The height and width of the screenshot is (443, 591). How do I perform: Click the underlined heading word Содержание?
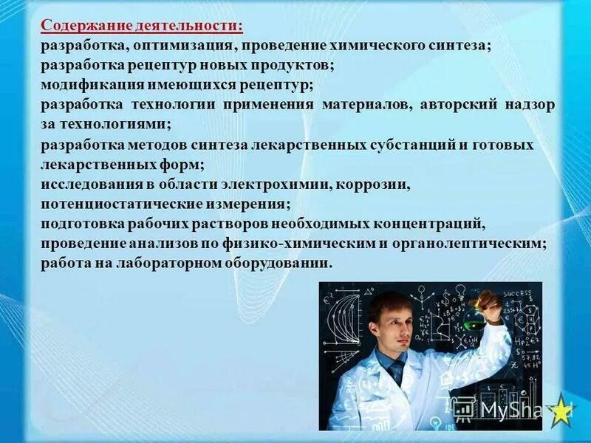86,25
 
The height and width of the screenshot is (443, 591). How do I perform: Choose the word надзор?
530,105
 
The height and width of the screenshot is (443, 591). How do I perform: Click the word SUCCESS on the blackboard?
518,293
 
